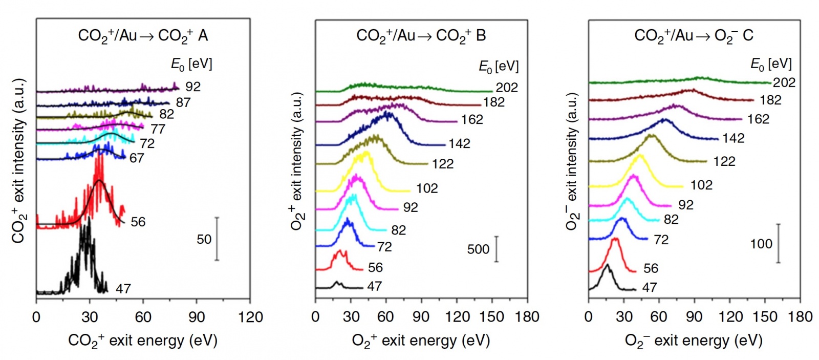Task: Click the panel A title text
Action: coord(143,35)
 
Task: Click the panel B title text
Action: coord(421,36)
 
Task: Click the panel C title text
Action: coord(694,36)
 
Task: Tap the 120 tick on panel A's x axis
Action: coord(250,317)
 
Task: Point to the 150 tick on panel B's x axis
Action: coord(491,317)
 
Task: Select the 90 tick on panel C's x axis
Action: coord(695,317)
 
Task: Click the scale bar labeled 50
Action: coord(217,239)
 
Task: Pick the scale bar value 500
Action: coord(478,249)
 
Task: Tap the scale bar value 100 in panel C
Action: coord(761,244)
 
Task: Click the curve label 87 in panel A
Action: coord(183,102)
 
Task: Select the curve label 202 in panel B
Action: coord(507,88)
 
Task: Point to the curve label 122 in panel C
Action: coord(724,162)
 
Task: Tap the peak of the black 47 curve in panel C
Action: coord(607,265)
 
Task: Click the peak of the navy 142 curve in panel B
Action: coord(387,113)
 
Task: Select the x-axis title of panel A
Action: coord(143,341)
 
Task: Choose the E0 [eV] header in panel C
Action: coord(771,64)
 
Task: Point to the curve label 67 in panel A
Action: coord(137,158)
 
